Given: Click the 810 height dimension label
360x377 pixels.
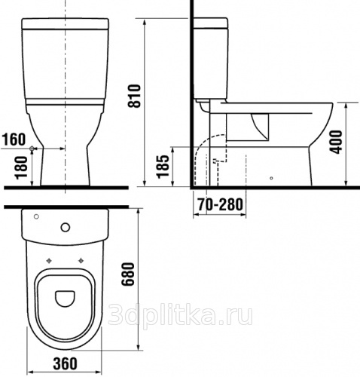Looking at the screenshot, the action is (x=135, y=96).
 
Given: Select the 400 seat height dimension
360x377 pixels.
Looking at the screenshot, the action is (x=336, y=142).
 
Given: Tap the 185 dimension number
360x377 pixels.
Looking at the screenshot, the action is (x=163, y=167).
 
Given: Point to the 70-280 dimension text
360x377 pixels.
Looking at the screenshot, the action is (x=221, y=204).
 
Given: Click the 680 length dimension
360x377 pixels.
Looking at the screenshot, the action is (x=128, y=274).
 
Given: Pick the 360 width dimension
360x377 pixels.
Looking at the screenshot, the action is (x=65, y=363).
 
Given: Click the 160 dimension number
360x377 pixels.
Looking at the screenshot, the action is (x=14, y=139).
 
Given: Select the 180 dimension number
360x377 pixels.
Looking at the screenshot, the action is (x=22, y=167).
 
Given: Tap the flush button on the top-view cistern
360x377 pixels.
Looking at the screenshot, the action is (x=66, y=228).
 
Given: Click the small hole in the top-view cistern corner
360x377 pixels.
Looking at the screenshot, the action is (x=36, y=216).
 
